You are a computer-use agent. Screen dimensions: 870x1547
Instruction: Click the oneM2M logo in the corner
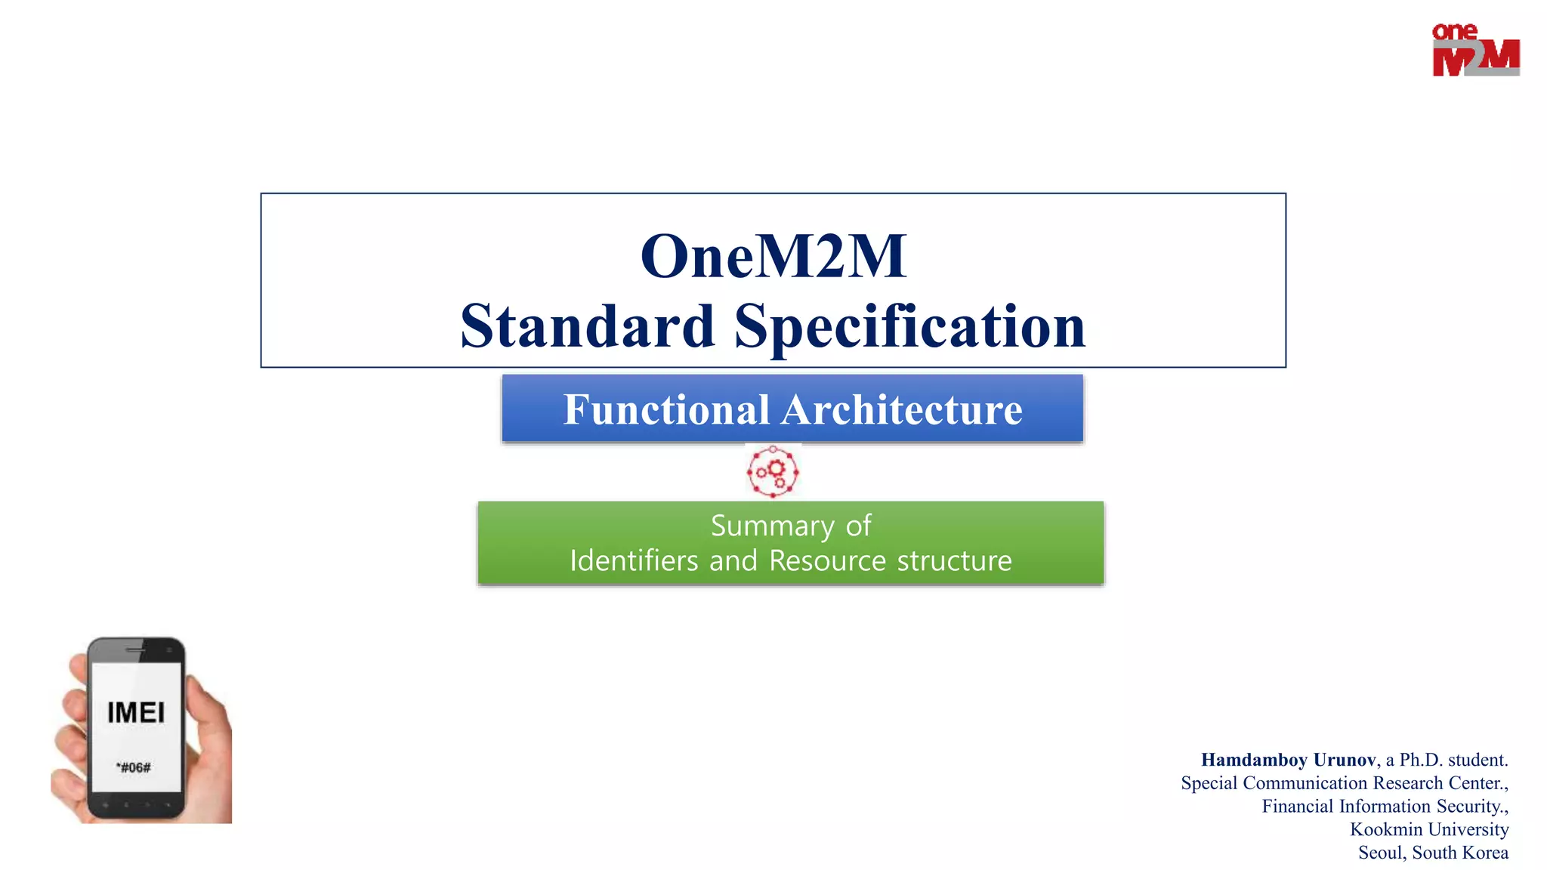[1475, 50]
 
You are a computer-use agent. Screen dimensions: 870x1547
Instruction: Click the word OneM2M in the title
[773, 257]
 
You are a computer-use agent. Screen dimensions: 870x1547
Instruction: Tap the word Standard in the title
[587, 326]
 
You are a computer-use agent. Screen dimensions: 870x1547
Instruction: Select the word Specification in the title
[909, 326]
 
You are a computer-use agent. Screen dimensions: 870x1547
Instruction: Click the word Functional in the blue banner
[666, 410]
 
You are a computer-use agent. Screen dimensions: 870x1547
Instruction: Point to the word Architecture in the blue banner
[902, 410]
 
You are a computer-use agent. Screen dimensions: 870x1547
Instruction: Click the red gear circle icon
[773, 472]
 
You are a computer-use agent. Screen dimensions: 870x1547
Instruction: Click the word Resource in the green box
[827, 561]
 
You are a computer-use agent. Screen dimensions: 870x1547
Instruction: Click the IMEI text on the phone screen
[136, 713]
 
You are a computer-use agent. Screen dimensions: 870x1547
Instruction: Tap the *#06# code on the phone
[134, 768]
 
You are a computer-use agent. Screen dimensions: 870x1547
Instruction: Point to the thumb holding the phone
[208, 717]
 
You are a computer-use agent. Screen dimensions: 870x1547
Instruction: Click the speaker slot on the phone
[136, 649]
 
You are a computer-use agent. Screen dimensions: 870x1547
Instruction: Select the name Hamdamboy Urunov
[1288, 760]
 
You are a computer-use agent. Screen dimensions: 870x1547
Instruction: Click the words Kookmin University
[1428, 829]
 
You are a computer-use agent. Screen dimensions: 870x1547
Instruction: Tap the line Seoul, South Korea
[1432, 853]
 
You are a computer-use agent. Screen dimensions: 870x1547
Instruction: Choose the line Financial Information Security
[1384, 807]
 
